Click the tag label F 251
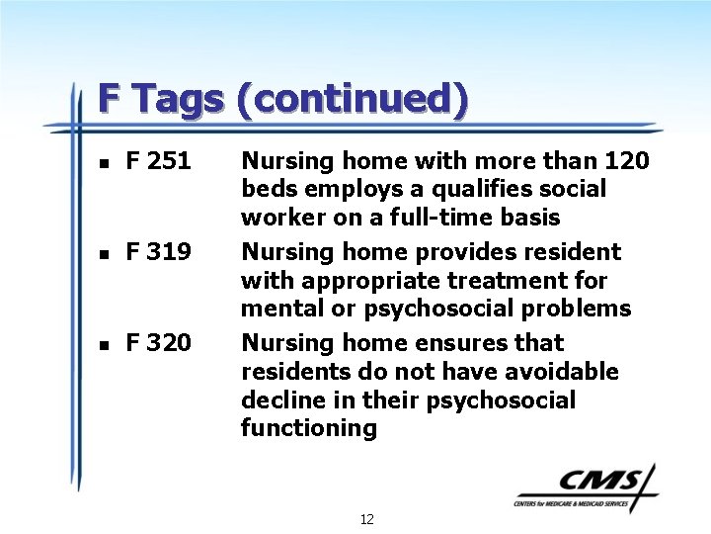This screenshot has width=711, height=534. click(158, 160)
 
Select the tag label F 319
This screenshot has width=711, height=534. click(158, 252)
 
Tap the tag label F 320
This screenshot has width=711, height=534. click(158, 343)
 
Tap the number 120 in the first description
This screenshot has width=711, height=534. click(626, 160)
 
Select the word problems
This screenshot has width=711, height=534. click(574, 309)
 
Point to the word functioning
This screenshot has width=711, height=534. click(309, 428)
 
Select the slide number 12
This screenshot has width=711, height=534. click(366, 519)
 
